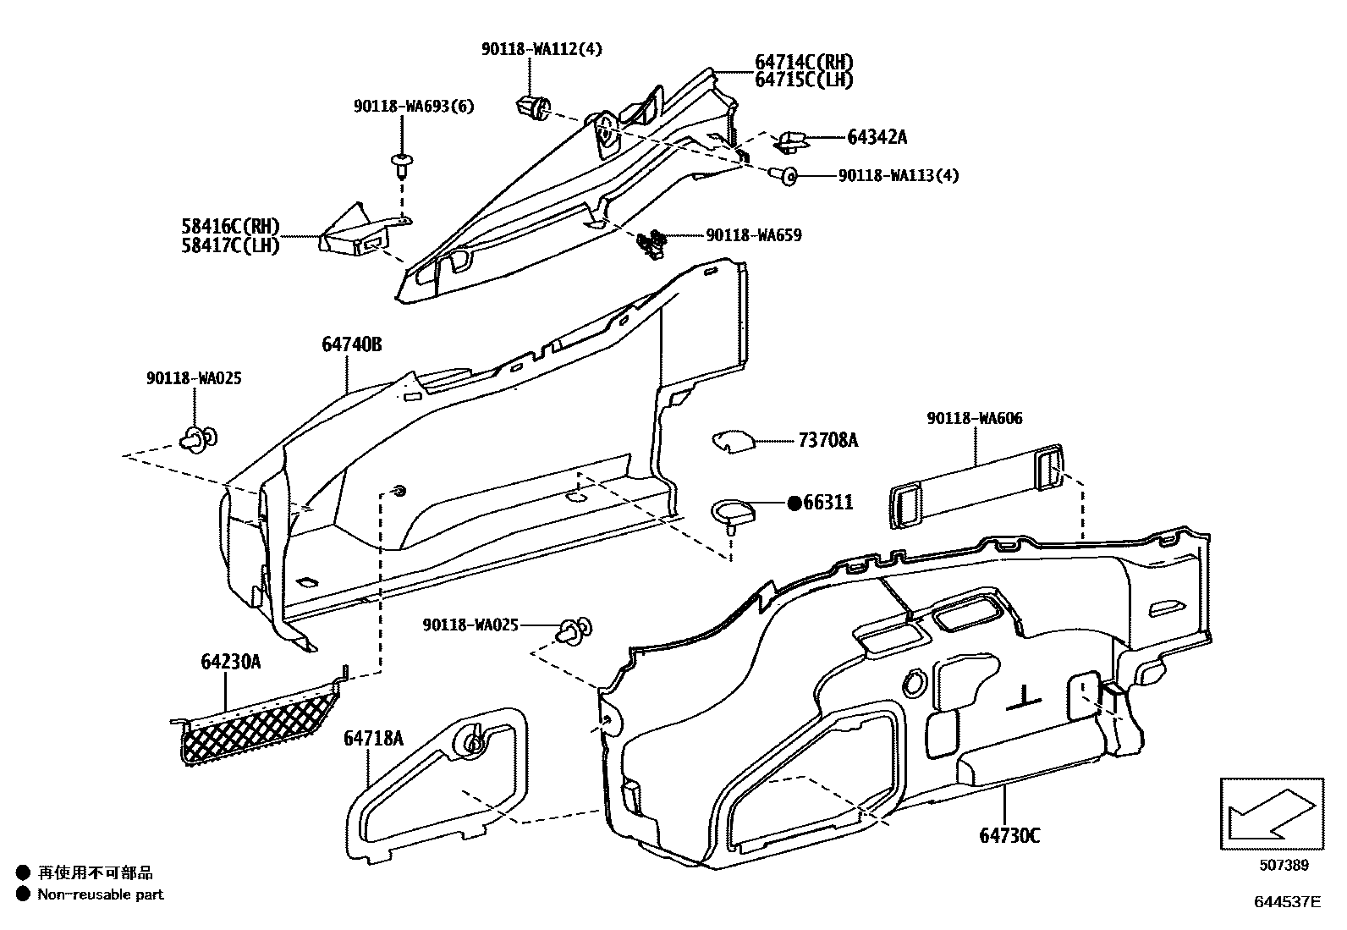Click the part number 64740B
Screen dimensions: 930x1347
351,344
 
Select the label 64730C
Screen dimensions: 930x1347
1009,836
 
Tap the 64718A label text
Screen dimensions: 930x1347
373,739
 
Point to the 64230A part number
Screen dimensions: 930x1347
230,662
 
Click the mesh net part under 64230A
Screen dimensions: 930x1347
258,718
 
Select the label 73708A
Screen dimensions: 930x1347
827,440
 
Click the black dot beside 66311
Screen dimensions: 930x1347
794,503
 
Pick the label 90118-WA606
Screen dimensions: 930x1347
974,418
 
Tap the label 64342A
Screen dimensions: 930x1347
877,137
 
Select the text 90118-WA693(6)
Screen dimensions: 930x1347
414,106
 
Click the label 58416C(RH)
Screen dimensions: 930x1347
229,227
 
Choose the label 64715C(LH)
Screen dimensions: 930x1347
804,80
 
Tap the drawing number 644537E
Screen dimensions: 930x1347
1287,902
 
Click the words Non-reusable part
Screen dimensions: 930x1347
101,894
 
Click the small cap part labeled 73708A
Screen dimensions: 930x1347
733,441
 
